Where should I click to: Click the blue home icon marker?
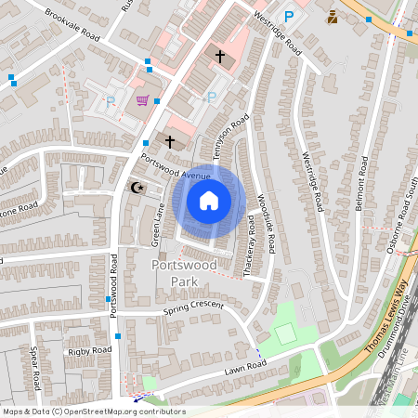209,201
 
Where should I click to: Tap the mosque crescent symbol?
138,187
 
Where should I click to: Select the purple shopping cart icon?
142,100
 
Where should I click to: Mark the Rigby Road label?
88,350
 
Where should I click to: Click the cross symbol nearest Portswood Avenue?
169,142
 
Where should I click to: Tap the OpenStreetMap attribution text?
93,411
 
